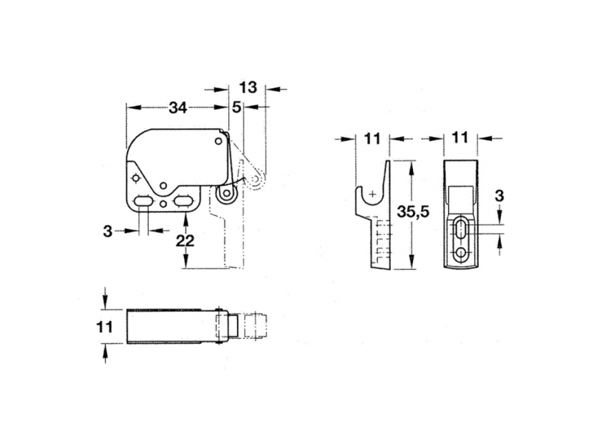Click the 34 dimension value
178,107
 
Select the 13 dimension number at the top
248,87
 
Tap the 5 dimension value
236,107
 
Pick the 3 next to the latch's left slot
107,231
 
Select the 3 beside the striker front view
499,195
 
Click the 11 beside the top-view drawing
105,326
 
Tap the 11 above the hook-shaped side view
373,138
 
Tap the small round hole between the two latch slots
163,204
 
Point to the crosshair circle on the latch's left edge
134,179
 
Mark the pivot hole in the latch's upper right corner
218,141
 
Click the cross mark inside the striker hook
373,194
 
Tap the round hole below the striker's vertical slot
463,253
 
